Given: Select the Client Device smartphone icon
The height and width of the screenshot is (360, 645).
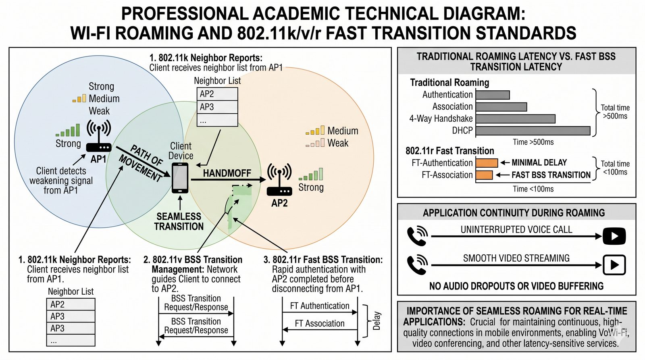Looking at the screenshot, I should tap(180, 178).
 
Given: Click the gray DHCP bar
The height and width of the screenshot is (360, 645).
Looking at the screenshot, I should tap(533, 131).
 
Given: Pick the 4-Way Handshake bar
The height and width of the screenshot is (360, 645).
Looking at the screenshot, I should tap(515, 119).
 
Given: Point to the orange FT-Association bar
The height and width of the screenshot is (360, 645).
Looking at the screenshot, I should tap(484, 175).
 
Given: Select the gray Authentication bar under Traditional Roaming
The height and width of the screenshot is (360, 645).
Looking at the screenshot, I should tap(493, 95).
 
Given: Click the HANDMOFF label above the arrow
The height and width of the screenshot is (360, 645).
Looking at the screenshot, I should tap(227, 173).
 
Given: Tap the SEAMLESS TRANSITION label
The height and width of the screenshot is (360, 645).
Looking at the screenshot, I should tap(179, 222).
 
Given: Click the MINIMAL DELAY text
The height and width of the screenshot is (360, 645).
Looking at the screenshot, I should tap(539, 162).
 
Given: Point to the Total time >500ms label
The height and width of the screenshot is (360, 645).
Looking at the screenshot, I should tap(615, 112).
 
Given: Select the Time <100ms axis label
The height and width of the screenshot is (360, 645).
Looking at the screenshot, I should tap(533, 189).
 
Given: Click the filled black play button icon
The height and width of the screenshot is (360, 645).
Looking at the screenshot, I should tap(614, 236).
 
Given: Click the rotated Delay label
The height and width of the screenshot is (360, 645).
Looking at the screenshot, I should tap(377, 321).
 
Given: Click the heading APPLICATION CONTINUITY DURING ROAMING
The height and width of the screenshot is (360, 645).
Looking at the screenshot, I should tap(514, 213).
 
